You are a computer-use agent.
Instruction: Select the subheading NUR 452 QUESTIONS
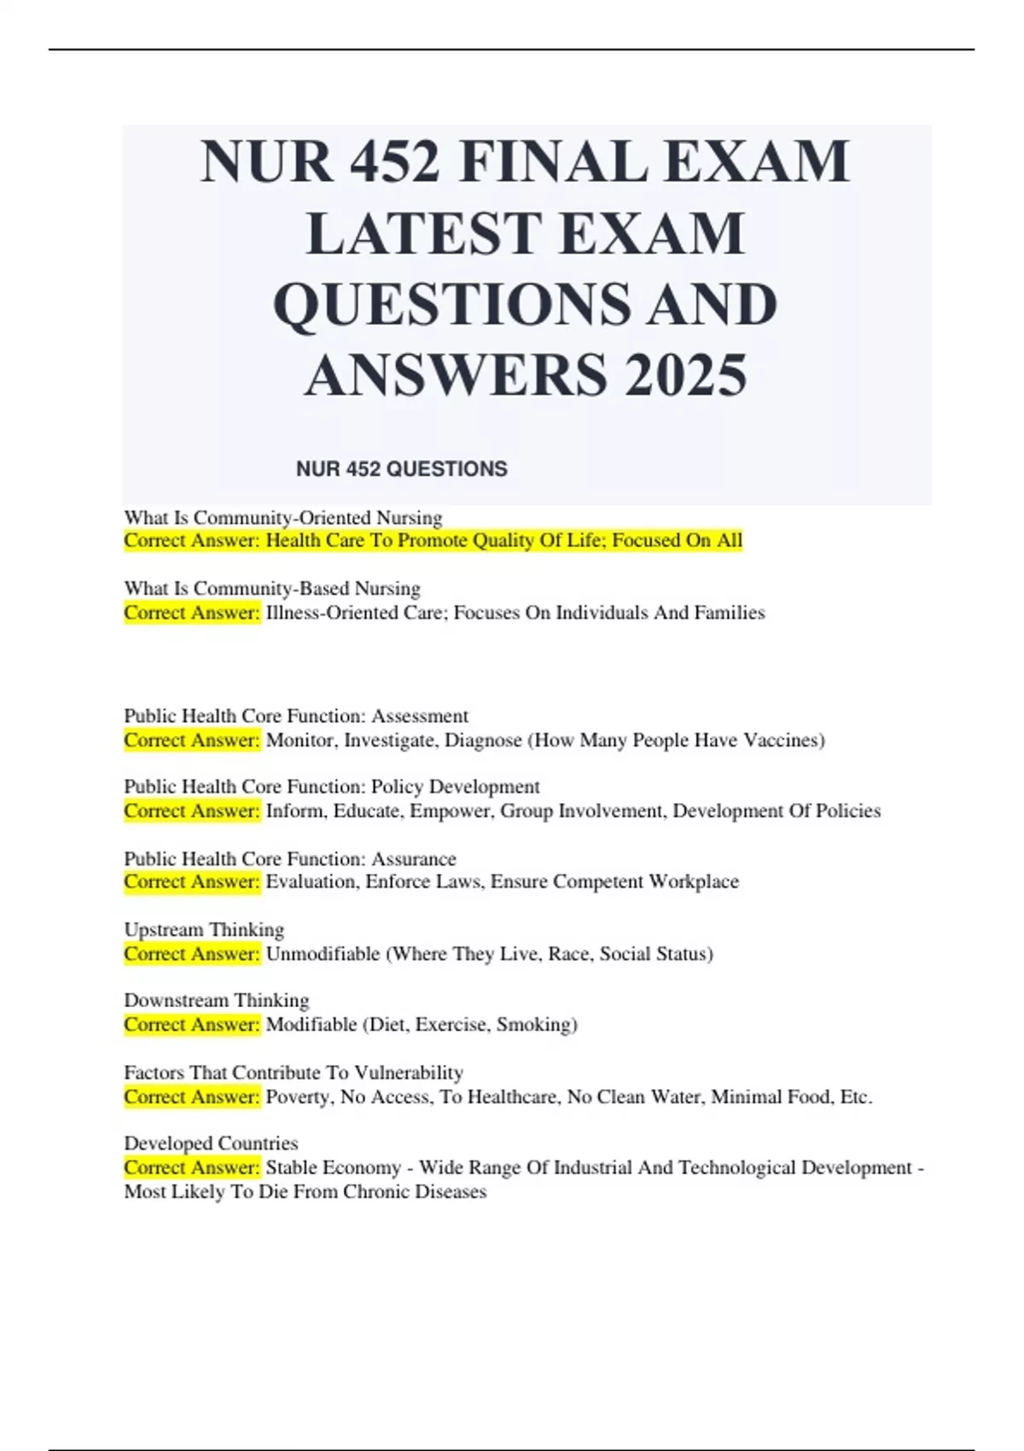(401, 469)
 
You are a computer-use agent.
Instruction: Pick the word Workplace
(694, 881)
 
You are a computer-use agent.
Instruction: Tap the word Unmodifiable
(323, 953)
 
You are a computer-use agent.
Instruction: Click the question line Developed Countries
(211, 1143)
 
